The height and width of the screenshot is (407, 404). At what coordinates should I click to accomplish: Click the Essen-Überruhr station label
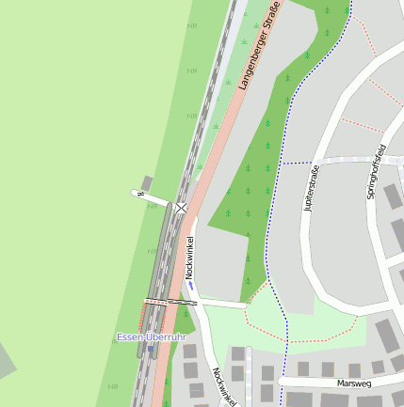click(151, 337)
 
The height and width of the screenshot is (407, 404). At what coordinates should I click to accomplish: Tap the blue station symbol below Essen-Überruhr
click(150, 348)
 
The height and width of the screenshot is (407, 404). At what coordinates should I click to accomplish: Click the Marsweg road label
click(353, 383)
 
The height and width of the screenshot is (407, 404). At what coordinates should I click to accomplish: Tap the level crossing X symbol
click(180, 208)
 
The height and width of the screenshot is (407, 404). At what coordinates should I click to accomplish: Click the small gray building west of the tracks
click(146, 181)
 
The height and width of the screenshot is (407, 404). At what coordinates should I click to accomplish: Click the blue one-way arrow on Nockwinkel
click(190, 286)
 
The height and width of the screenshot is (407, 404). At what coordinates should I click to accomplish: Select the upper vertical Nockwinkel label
click(188, 256)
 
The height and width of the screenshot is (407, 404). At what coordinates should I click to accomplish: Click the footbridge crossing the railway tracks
click(170, 303)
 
